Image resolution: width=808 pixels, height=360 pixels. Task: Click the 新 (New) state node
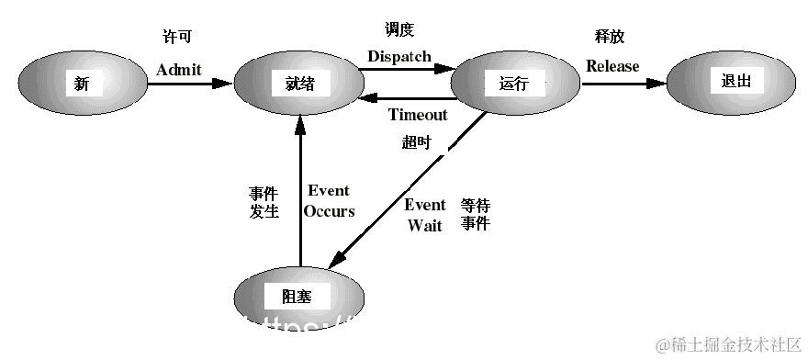[x=82, y=84]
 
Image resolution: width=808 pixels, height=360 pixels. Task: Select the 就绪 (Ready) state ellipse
[x=298, y=84]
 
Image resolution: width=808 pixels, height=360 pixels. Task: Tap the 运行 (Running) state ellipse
[x=514, y=84]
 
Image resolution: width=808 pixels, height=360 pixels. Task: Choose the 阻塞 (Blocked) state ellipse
[x=298, y=296]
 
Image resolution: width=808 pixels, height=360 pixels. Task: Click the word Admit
[x=179, y=69]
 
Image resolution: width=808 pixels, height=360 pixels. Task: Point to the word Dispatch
[x=398, y=57]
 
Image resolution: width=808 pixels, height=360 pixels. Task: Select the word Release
[x=612, y=66]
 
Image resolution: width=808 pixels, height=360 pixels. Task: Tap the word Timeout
[x=418, y=115]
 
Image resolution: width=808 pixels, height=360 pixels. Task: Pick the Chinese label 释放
[x=610, y=38]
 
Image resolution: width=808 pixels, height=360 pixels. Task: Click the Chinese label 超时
[x=416, y=142]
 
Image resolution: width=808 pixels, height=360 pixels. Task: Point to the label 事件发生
[x=264, y=203]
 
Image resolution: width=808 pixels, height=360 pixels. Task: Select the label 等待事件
[x=476, y=213]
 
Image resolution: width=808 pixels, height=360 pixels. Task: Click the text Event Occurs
[x=329, y=200]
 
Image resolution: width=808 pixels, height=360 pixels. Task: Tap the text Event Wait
[x=425, y=214]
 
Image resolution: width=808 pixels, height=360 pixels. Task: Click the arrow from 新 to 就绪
[x=188, y=84]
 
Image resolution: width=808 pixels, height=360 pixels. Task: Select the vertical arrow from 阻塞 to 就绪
[x=298, y=193]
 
